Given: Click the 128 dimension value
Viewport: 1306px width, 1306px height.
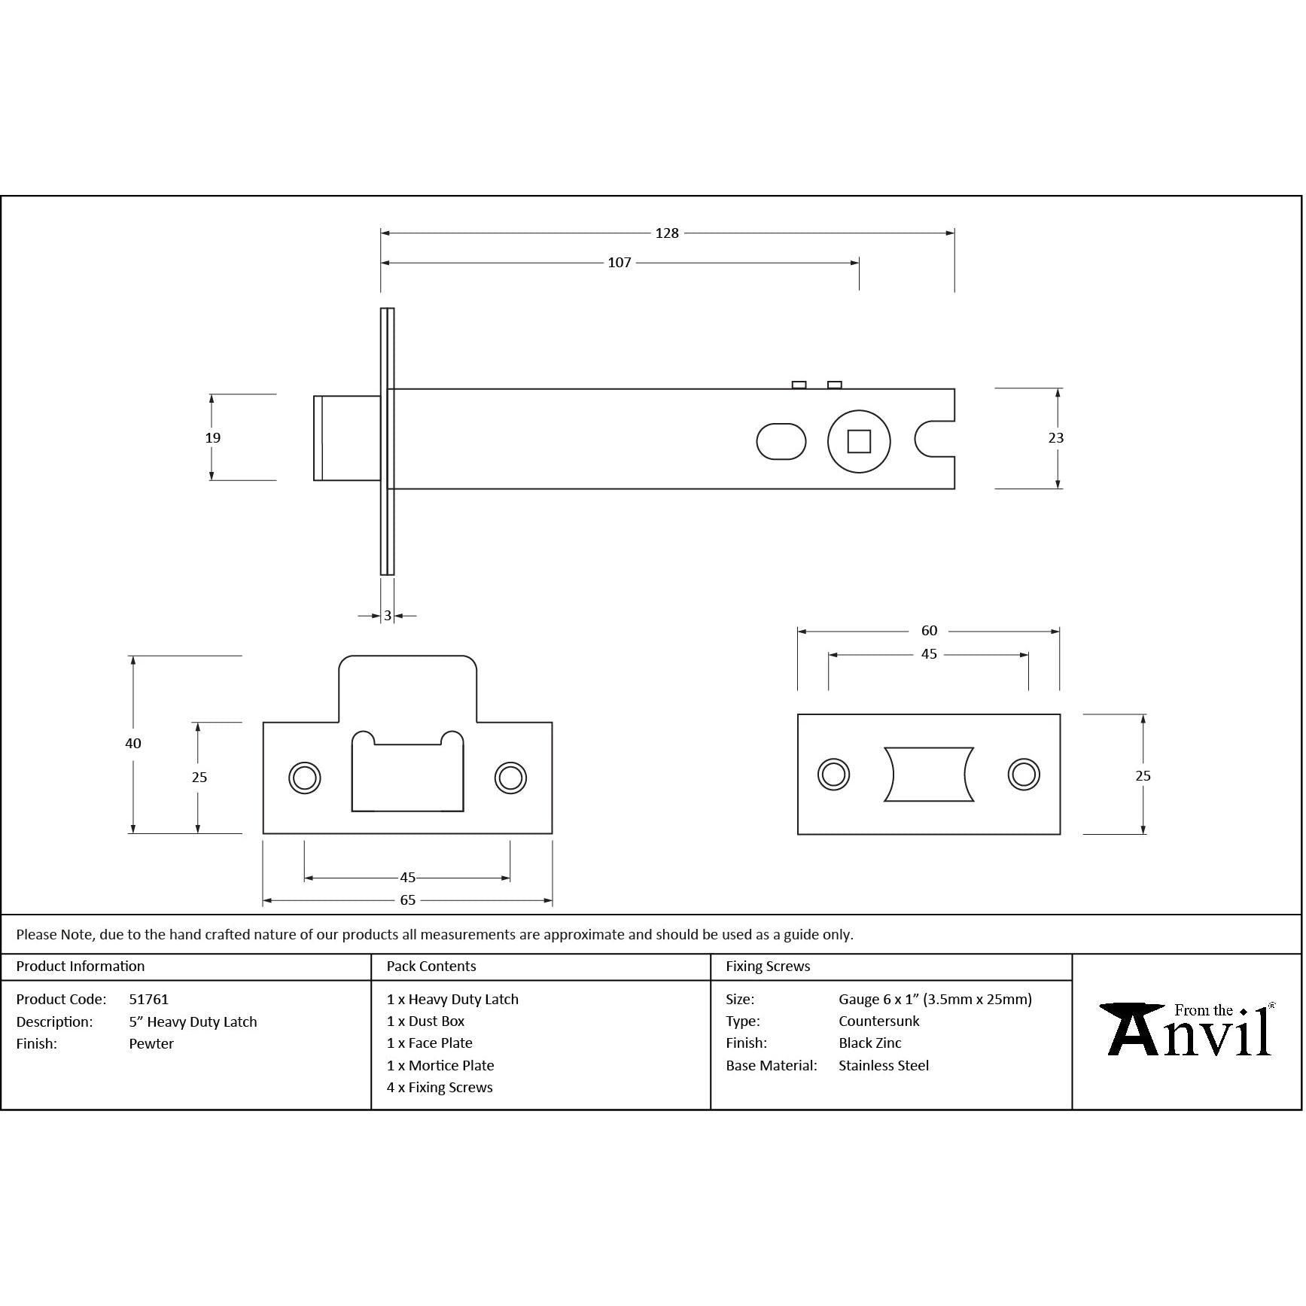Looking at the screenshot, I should click(667, 233).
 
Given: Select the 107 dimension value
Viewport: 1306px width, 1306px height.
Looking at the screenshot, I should click(620, 263).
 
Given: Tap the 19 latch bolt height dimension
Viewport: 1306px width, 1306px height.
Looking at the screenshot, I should click(213, 438).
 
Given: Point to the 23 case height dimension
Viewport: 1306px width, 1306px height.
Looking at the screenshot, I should click(1056, 438).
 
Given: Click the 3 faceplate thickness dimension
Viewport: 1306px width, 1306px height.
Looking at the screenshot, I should click(388, 616).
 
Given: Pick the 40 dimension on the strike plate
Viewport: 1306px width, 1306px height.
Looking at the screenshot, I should click(133, 744).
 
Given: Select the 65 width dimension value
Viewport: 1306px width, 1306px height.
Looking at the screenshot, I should click(407, 900).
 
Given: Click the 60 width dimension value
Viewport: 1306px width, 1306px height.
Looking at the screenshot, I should click(929, 631).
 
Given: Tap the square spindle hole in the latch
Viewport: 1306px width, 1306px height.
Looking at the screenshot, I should click(859, 441).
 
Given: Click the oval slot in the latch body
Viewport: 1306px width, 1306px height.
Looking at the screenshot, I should click(781, 441).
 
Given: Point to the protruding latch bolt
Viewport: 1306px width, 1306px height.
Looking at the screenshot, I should click(346, 438).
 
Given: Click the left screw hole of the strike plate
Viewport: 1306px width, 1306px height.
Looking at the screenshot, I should click(305, 778).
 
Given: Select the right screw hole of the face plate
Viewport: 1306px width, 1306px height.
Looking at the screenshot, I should click(1024, 774).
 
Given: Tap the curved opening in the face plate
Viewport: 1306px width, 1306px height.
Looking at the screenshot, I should click(929, 774).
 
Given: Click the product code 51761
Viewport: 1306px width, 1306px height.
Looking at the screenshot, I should click(149, 1000).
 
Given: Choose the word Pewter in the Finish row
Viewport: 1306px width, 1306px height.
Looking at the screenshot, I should click(151, 1044).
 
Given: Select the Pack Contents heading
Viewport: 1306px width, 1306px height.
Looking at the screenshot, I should click(431, 967).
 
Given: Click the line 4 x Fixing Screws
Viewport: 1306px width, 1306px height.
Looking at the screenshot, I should click(440, 1088).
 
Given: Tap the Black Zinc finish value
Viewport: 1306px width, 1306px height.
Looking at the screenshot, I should click(870, 1043).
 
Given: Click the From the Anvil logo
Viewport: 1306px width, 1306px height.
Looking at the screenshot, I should click(1187, 1030).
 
